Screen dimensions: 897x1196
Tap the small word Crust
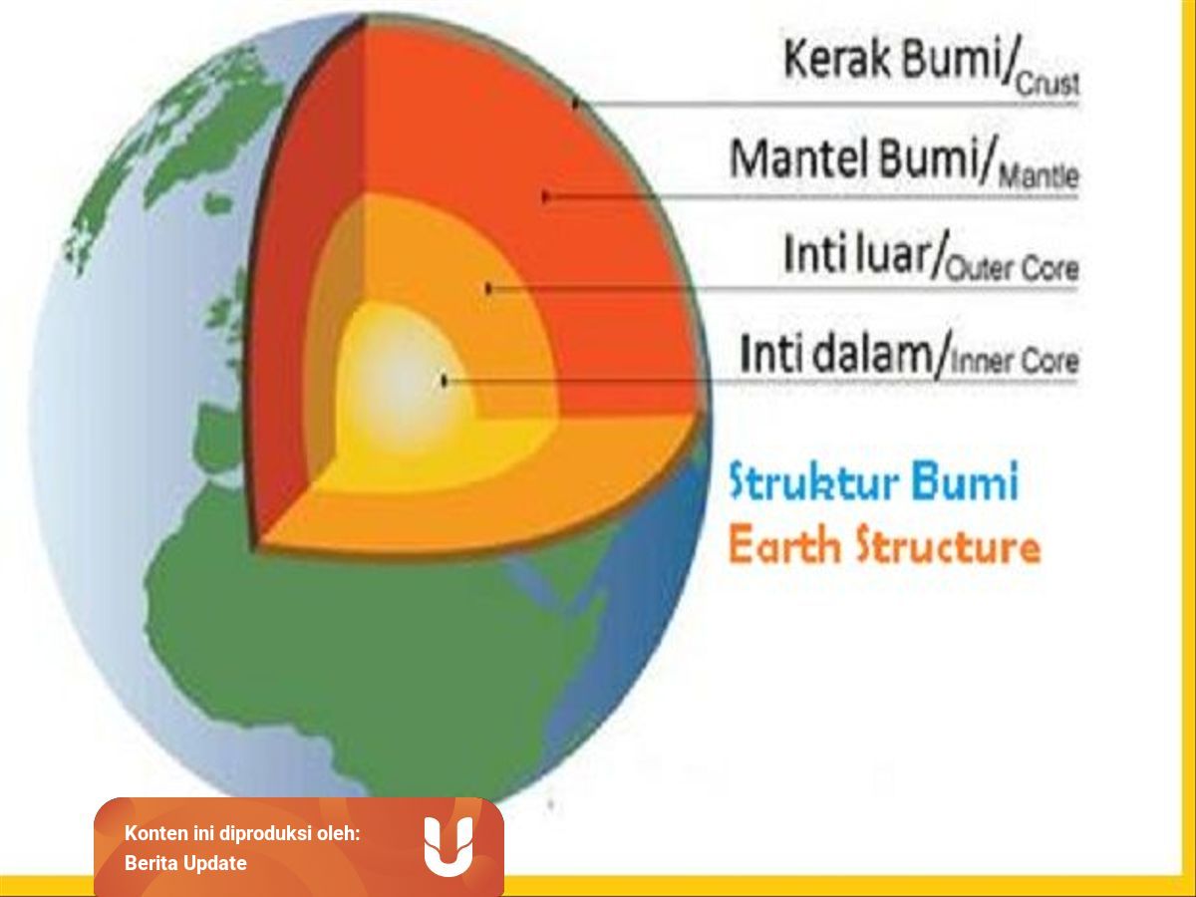1046,86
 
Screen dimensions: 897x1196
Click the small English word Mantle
1038,179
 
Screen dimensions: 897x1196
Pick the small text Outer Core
1012,270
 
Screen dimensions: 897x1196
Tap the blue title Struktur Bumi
874,483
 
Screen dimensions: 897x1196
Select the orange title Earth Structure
884,547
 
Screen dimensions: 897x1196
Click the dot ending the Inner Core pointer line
446,380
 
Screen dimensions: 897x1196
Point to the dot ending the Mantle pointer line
545,197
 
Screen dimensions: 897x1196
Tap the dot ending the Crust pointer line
576,103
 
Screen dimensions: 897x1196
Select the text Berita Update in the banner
185,863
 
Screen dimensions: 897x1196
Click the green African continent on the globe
329,638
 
